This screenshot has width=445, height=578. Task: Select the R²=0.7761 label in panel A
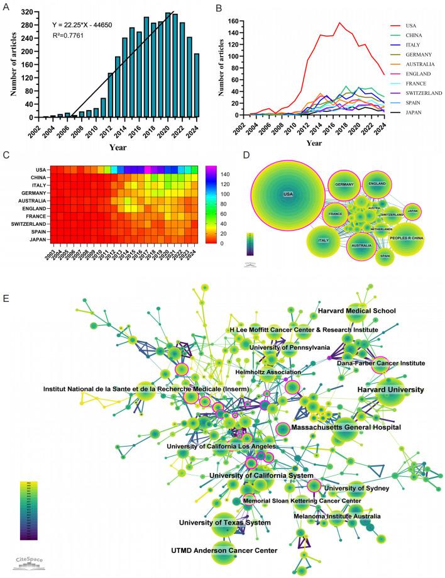pos(73,38)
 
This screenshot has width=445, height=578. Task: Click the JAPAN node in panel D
pos(412,211)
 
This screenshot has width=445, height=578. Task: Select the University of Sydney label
pos(356,487)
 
